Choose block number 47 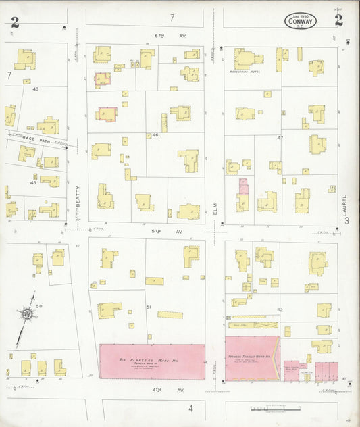pyautogui.click(x=280, y=137)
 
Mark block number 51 pyautogui.click(x=149, y=307)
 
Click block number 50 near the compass pyautogui.click(x=39, y=306)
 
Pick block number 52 pyautogui.click(x=280, y=309)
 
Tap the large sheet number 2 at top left pyautogui.click(x=15, y=21)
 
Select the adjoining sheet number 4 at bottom pyautogui.click(x=190, y=408)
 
